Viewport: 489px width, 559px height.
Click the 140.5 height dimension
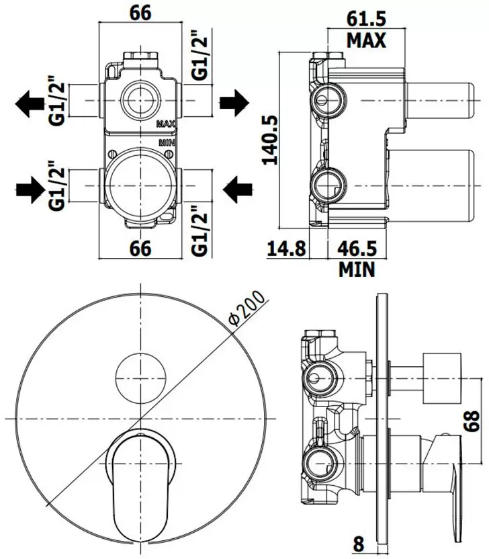click(x=270, y=140)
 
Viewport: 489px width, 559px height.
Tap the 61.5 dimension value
click(x=366, y=19)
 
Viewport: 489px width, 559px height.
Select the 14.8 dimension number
click(x=286, y=249)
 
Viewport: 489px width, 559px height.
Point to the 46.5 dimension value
click(x=357, y=249)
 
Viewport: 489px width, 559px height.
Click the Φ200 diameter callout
click(x=247, y=309)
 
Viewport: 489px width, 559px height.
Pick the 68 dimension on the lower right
click(x=472, y=421)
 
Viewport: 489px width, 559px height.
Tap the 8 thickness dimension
click(x=359, y=544)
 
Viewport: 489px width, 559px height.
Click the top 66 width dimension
click(x=140, y=13)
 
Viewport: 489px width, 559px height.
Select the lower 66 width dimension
click(x=140, y=248)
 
